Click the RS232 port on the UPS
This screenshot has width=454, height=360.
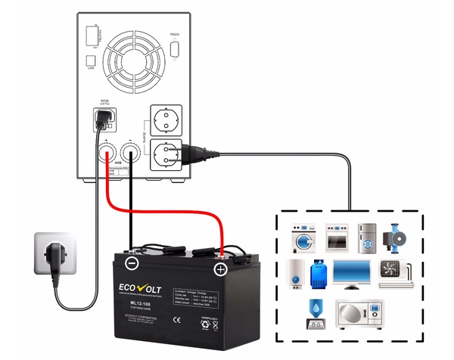(x=176, y=48)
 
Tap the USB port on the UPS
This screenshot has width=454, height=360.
(x=92, y=60)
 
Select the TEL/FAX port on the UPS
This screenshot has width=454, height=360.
(x=93, y=35)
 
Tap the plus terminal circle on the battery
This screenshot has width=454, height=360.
(x=220, y=268)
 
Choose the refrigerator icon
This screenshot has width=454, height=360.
(x=368, y=235)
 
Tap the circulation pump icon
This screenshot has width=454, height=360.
(x=400, y=236)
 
